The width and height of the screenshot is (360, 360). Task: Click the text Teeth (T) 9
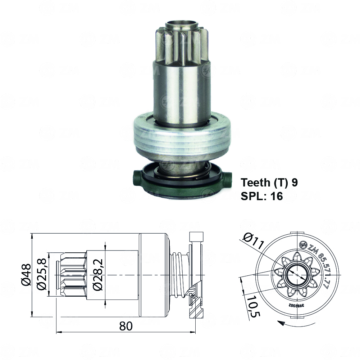[x=269, y=183]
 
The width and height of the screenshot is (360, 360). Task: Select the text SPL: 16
[x=261, y=196]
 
